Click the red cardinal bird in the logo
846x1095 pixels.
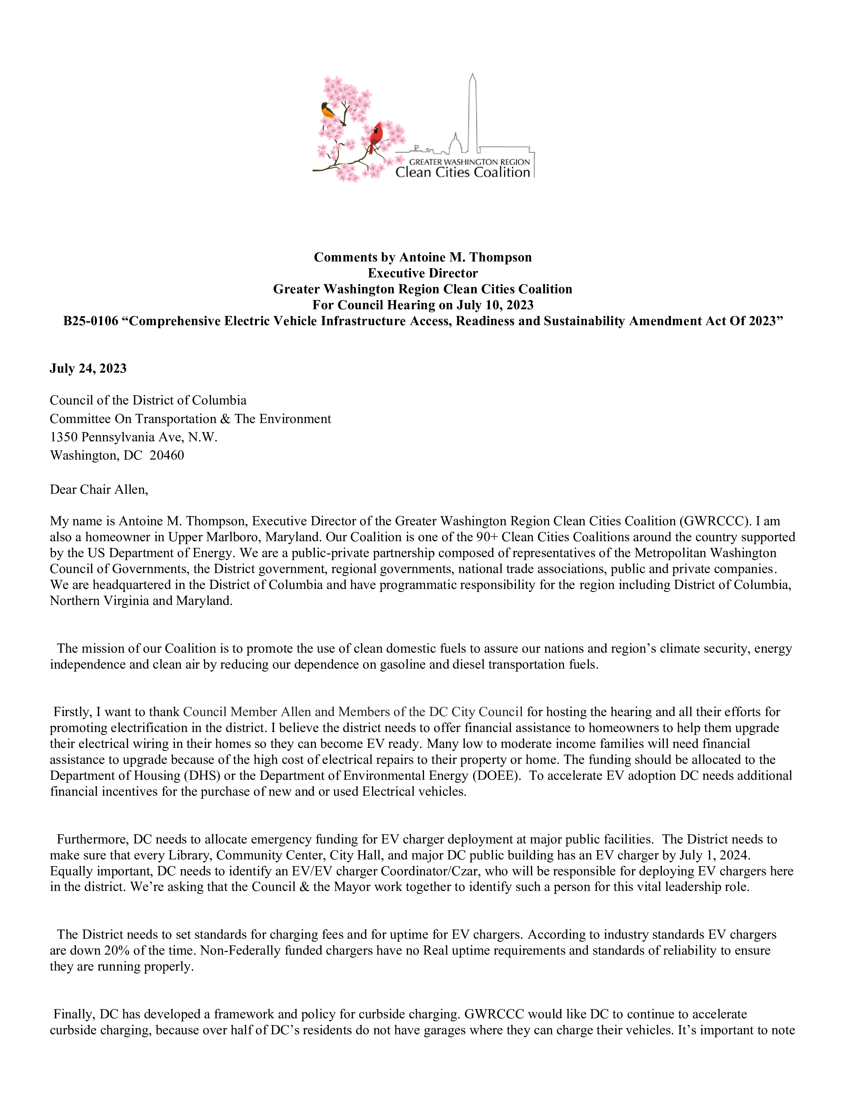(x=375, y=136)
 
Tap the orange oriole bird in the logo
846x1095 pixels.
(x=328, y=110)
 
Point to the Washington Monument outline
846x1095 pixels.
(x=472, y=113)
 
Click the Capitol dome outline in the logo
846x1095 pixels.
(x=455, y=144)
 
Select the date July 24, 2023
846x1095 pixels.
(x=88, y=369)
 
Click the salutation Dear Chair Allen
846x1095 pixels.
(x=99, y=489)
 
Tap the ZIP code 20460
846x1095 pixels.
(x=167, y=455)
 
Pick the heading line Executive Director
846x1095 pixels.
(x=422, y=273)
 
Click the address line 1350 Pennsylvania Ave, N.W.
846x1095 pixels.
(x=134, y=437)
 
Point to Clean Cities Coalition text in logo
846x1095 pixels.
(x=462, y=173)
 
